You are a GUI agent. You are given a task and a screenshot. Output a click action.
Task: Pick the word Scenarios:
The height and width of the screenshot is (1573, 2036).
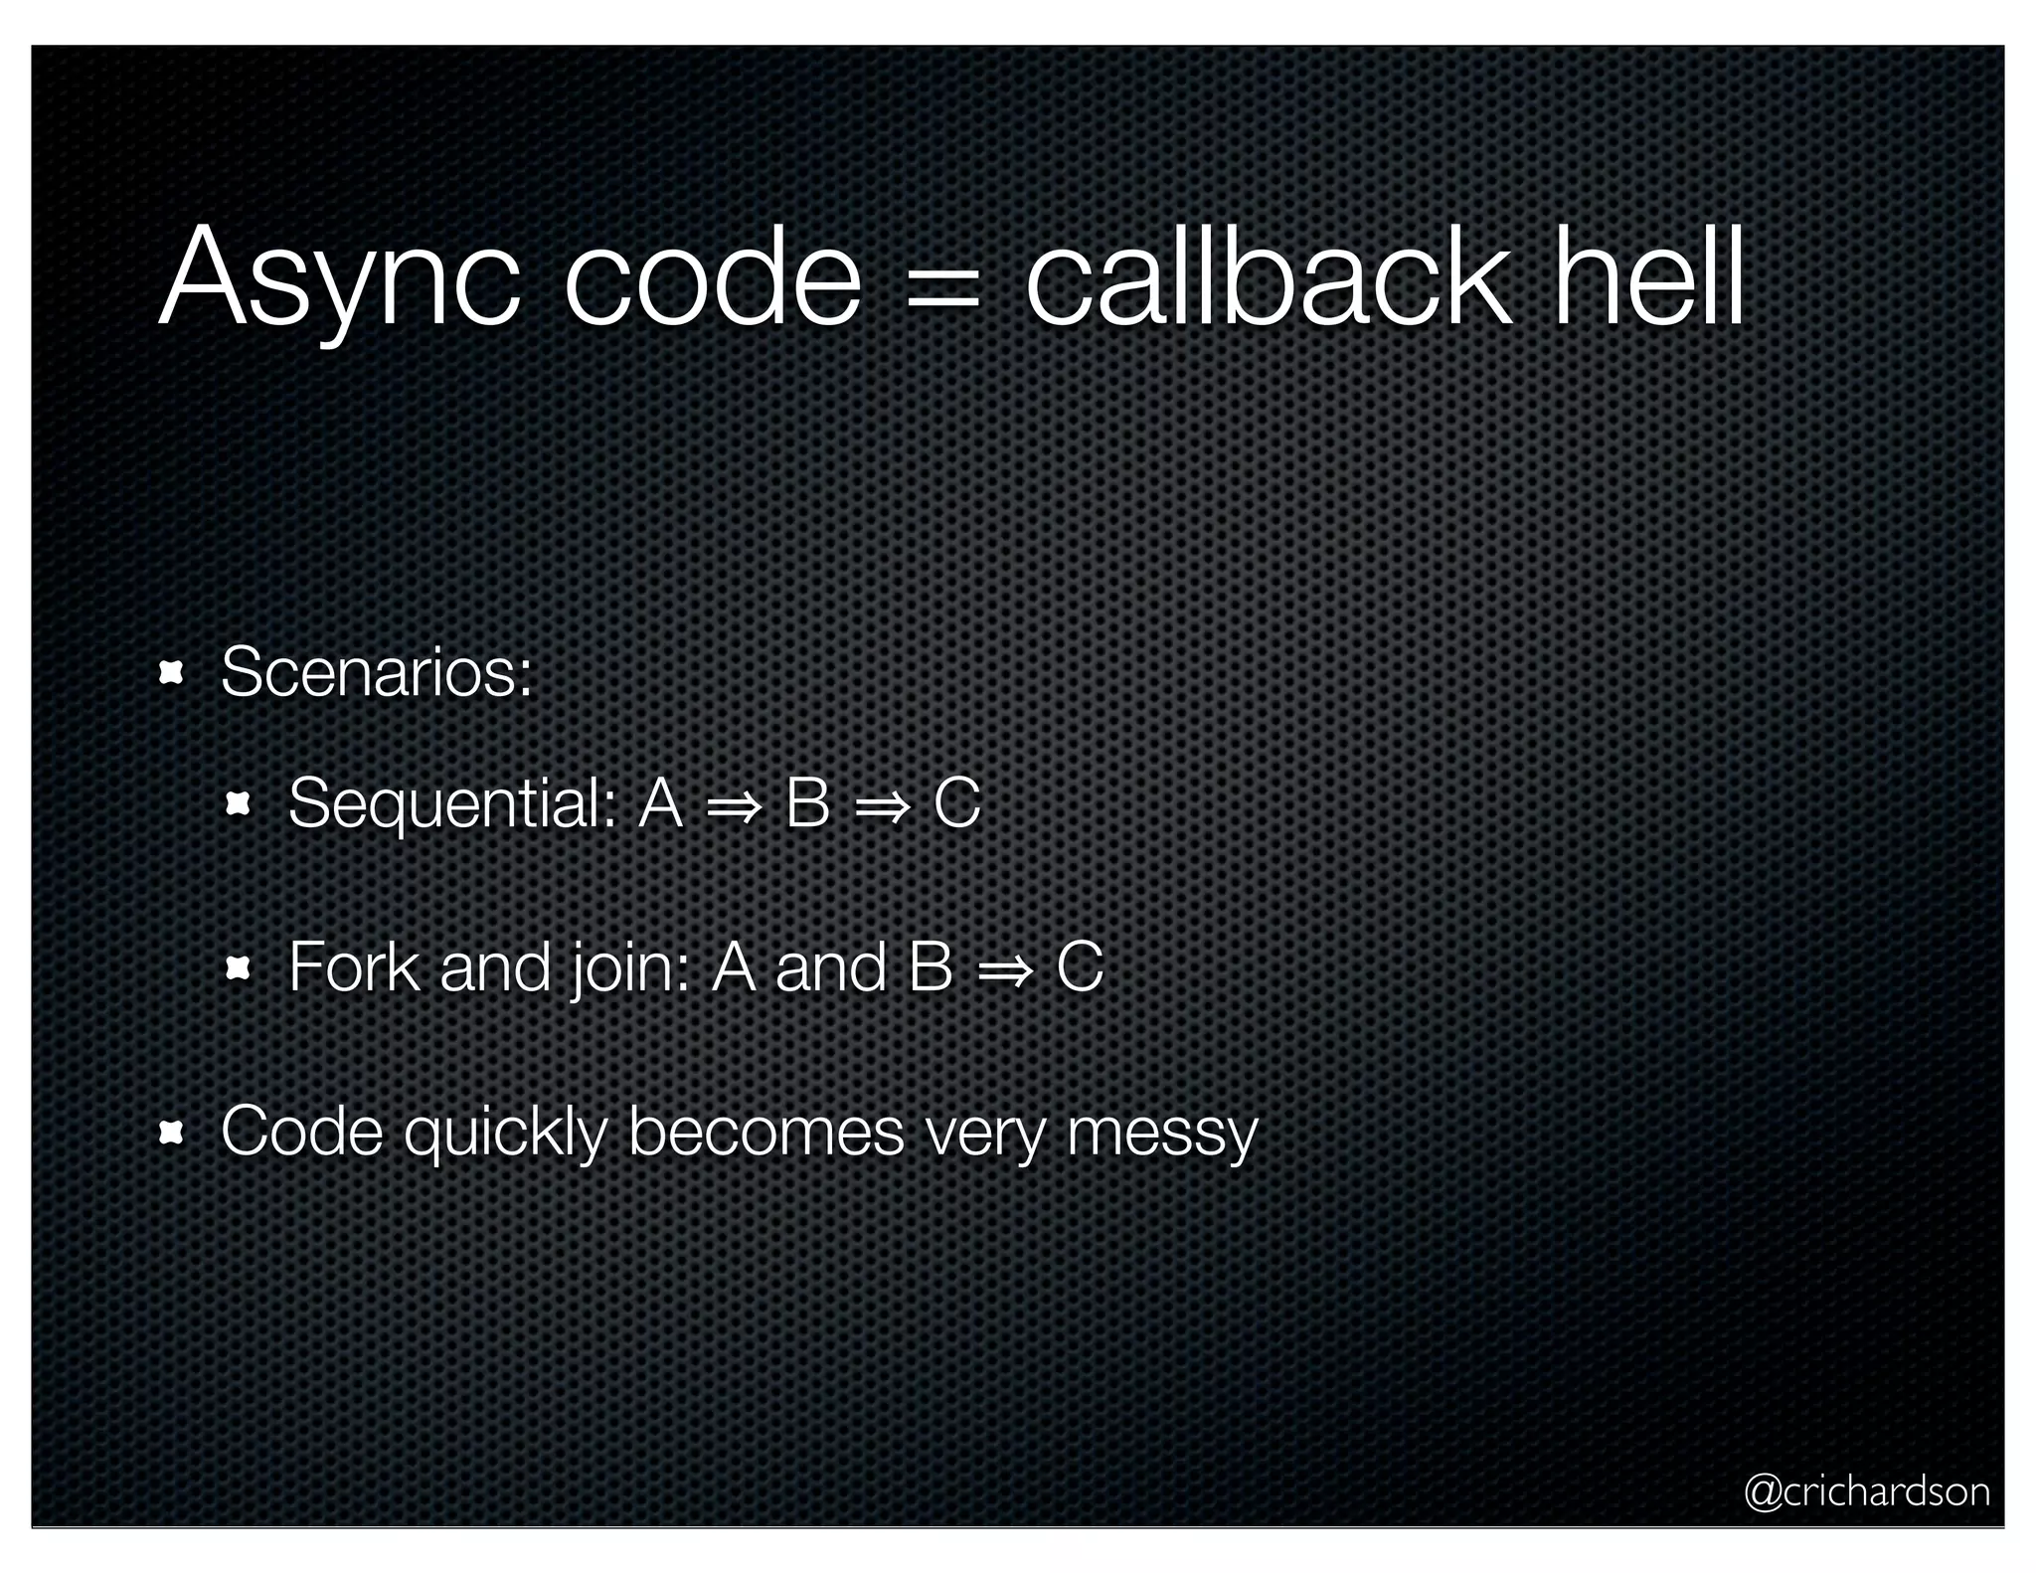pos(377,673)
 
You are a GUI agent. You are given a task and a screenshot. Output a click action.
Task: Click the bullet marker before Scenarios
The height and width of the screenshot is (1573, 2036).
pos(171,674)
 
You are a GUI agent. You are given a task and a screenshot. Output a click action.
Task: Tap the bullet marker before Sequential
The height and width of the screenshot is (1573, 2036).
pos(239,803)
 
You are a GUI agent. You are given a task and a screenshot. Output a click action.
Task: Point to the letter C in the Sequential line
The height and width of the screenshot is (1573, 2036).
pos(957,803)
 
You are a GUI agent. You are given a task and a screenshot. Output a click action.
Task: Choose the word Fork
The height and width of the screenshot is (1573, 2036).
pos(353,966)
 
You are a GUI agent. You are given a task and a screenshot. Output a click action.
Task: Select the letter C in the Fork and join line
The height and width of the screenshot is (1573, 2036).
pos(1080,966)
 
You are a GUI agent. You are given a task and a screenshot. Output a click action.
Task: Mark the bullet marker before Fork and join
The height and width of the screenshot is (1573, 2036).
pos(239,967)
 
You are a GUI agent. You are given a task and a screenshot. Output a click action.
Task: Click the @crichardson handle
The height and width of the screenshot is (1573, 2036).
pos(1866,1491)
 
